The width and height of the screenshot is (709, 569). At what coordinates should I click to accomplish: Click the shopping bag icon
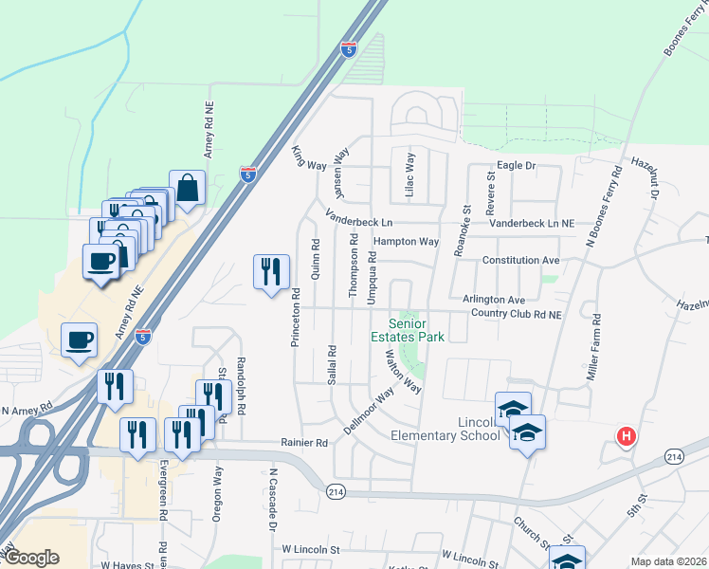click(188, 188)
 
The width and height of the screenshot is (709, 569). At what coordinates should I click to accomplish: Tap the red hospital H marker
click(626, 437)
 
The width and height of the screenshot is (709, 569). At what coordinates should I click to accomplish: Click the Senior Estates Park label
click(408, 329)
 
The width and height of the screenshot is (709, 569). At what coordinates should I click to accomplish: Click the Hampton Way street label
click(406, 242)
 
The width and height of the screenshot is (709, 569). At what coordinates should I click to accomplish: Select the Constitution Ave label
click(521, 260)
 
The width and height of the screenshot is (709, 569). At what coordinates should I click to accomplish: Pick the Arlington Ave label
click(494, 299)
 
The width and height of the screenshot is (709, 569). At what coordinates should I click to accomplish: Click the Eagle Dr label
click(517, 165)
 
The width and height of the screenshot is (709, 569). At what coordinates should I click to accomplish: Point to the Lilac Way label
click(410, 174)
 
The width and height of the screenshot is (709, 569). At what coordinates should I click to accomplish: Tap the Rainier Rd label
click(303, 442)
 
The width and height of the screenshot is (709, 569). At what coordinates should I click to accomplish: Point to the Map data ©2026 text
click(668, 561)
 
